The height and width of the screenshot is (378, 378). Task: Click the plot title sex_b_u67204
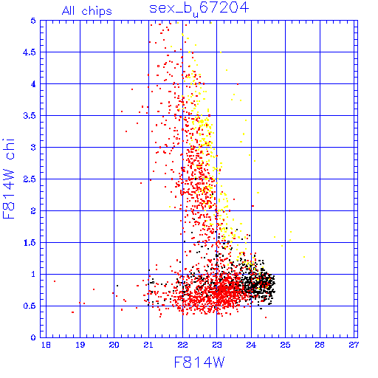point(199,9)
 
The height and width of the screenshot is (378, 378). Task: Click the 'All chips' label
point(87,11)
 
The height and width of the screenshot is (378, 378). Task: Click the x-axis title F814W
point(199,362)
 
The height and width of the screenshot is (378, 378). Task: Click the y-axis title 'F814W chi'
point(9,179)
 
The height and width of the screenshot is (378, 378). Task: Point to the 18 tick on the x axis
point(46,345)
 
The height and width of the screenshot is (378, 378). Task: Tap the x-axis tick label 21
point(148,345)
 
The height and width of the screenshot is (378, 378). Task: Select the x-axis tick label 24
point(251,345)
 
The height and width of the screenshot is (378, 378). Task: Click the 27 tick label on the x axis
point(354,345)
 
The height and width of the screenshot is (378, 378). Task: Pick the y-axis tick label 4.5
point(30,52)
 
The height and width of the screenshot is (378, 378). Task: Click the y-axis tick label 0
point(33,337)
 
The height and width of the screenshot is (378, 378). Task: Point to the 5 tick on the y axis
point(33,21)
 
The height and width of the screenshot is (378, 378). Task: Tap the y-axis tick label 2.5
point(30,179)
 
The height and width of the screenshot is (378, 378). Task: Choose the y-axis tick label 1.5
point(30,243)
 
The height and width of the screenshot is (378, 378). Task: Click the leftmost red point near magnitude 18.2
point(55,281)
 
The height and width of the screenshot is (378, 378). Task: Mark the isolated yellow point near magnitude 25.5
point(304,257)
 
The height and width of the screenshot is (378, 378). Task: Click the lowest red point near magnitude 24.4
point(266,317)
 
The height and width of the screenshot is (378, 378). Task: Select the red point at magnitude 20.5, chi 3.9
point(132,89)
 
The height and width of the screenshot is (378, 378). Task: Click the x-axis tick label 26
point(320,345)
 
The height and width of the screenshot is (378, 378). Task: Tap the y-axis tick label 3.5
point(30,116)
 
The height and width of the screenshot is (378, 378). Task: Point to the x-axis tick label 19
point(80,345)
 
